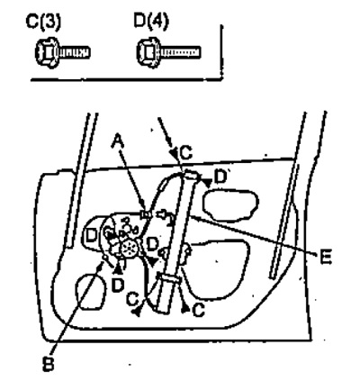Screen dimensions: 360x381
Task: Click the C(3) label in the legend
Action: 43,23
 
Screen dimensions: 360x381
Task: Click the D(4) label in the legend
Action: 151,21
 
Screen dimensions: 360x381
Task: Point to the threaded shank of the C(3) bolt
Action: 75,53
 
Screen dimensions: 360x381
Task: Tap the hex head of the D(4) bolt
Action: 148,52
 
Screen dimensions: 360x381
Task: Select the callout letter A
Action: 118,141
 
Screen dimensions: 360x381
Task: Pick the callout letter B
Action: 48,365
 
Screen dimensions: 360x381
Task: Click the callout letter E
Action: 326,257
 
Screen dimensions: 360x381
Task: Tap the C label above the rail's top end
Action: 186,153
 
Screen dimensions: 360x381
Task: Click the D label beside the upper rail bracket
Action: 220,177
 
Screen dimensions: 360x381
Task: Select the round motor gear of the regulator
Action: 129,248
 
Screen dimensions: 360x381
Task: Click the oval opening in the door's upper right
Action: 230,205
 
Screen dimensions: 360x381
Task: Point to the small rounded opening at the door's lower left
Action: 90,292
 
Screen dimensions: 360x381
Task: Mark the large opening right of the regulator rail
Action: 217,269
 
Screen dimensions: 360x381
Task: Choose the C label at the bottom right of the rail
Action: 198,310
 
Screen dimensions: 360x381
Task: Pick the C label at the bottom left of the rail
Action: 132,299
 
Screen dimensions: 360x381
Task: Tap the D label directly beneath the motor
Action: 118,286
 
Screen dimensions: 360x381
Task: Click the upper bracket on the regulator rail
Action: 192,175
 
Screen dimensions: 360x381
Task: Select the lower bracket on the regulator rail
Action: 170,278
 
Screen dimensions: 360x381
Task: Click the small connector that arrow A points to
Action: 146,213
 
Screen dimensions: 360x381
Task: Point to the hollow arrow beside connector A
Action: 161,213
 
